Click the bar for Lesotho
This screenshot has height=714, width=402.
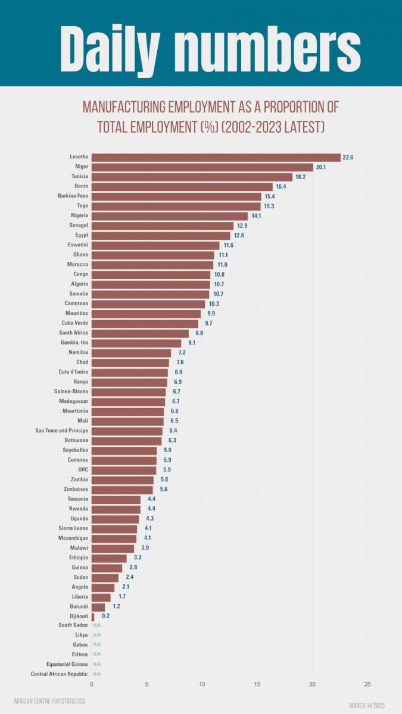pos(216,157)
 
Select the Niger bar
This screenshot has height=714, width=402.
pos(202,167)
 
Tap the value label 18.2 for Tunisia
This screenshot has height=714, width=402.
pos(301,177)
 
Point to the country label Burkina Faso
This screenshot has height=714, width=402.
pos(73,196)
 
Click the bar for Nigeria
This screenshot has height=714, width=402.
pos(169,216)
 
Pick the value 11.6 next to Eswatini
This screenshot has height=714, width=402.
pos(229,245)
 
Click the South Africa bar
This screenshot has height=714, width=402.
pos(140,333)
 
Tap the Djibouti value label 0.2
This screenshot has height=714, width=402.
pos(105,616)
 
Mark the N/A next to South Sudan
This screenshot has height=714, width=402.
pos(97,625)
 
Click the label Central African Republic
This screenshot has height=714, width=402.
pos(60,674)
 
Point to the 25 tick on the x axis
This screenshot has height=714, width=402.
pos(367,684)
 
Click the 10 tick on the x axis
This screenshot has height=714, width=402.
pos(202,684)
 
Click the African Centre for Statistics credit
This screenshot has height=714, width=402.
pos(49,701)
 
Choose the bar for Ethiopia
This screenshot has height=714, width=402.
pos(109,558)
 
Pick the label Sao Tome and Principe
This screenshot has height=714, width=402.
pos(62,431)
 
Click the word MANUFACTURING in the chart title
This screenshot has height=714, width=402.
pos(124,108)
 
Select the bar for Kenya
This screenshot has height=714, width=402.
pos(129,382)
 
